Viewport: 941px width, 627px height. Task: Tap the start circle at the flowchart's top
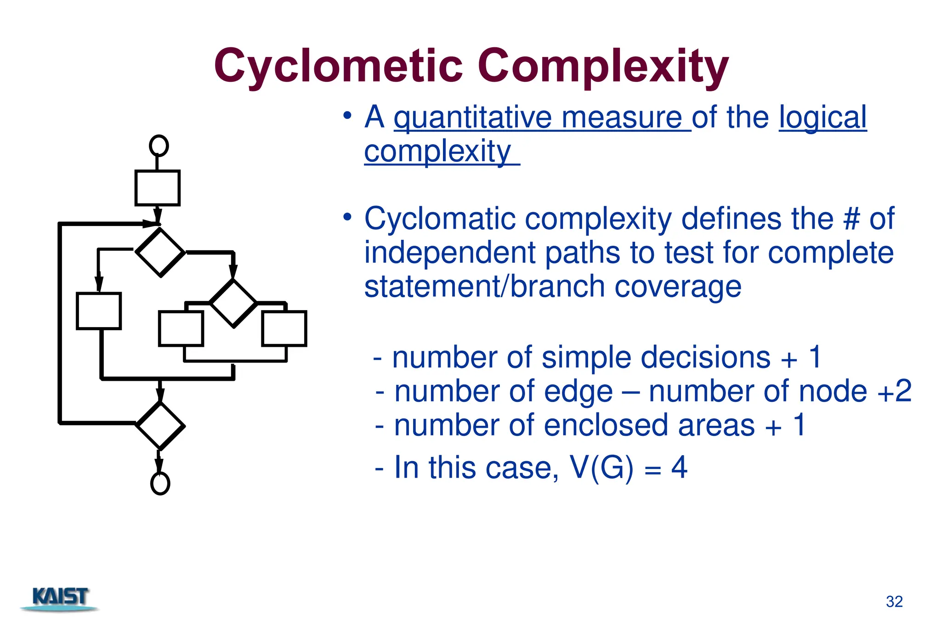click(x=159, y=146)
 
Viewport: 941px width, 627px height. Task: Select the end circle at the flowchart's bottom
click(x=160, y=483)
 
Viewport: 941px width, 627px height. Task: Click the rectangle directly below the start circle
click(x=157, y=188)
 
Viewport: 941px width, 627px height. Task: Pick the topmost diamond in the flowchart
click(x=160, y=252)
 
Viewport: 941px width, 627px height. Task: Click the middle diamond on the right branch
click(x=233, y=303)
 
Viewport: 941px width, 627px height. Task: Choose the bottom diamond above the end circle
click(x=160, y=426)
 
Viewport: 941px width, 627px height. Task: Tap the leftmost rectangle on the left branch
click(x=99, y=311)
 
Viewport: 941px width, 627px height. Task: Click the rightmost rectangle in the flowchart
click(x=284, y=328)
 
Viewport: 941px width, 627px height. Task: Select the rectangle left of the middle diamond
click(x=181, y=328)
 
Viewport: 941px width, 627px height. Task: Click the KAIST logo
click(x=60, y=598)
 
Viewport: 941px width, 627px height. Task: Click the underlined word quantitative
click(x=472, y=118)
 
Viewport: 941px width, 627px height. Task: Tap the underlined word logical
click(x=822, y=118)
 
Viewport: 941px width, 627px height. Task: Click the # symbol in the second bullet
click(x=851, y=219)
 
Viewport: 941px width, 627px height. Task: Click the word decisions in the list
click(x=705, y=358)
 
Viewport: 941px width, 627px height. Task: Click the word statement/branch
click(x=484, y=287)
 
